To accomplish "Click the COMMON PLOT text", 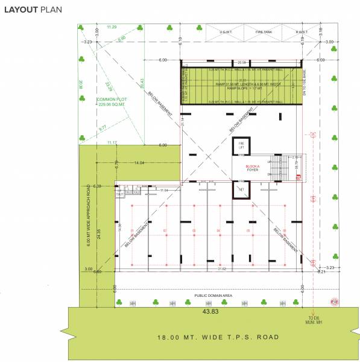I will click(x=110, y=100).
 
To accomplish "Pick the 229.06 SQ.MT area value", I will click(x=110, y=105).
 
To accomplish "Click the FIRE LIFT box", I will click(x=241, y=145).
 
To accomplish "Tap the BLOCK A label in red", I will click(x=252, y=167).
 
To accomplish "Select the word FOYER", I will click(x=252, y=171).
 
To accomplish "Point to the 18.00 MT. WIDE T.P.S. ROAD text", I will click(x=217, y=337).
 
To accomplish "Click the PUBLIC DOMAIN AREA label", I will click(x=213, y=296).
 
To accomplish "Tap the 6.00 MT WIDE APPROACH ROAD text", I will click(x=88, y=214).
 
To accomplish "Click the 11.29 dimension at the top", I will click(x=112, y=27).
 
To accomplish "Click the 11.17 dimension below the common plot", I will click(x=112, y=142).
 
